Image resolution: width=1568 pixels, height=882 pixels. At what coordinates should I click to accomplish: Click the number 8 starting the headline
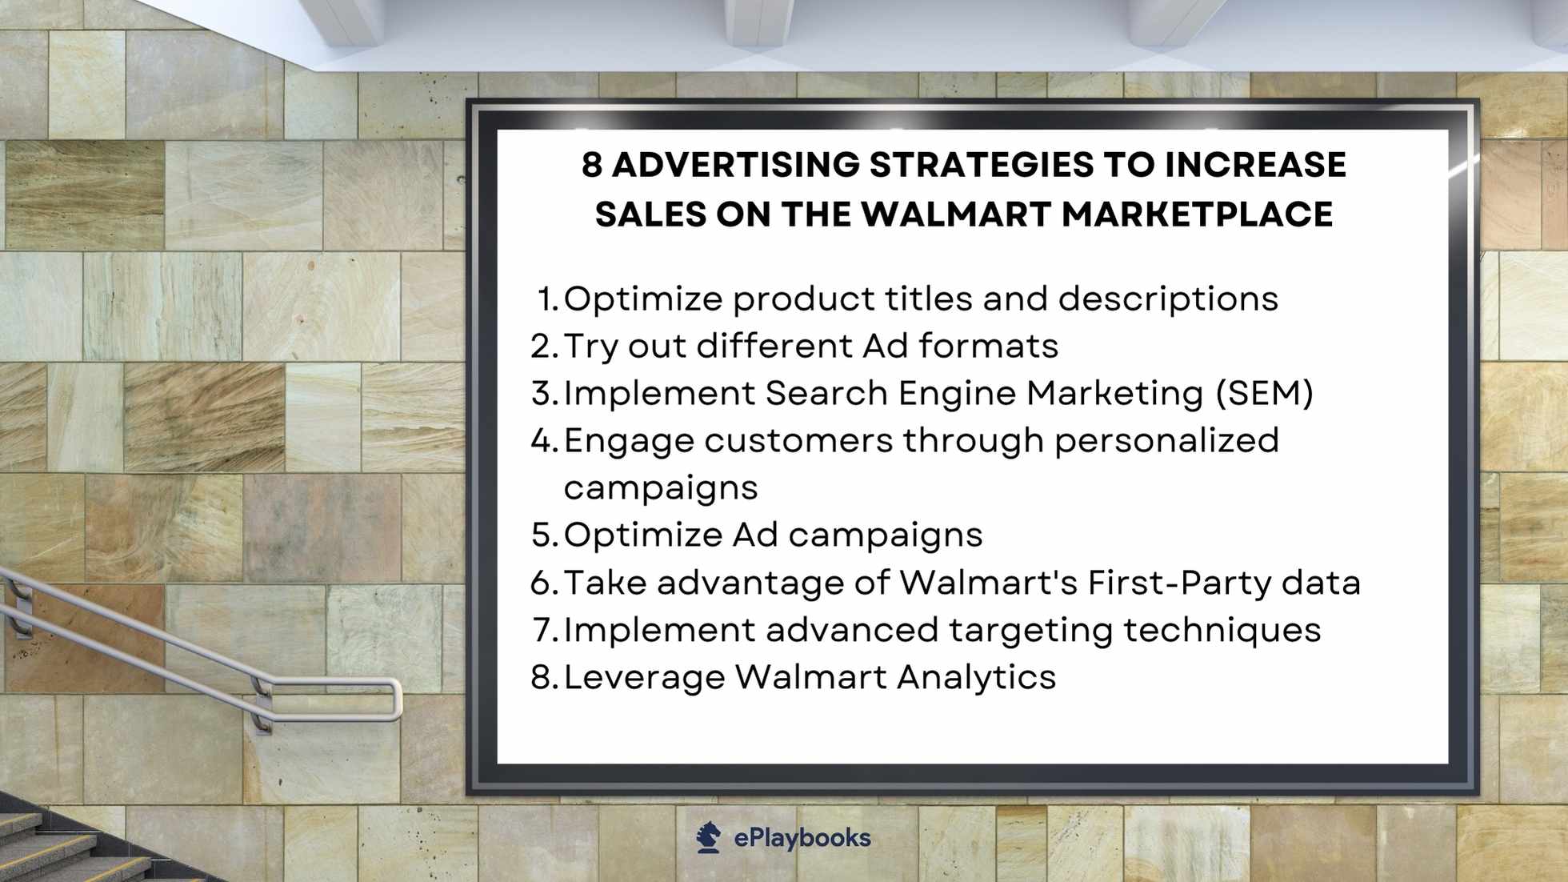(591, 165)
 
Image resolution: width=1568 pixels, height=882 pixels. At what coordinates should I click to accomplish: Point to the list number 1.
(546, 299)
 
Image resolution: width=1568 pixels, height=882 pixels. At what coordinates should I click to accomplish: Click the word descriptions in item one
(1168, 299)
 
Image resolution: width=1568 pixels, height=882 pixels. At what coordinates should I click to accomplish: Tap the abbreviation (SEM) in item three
(1264, 394)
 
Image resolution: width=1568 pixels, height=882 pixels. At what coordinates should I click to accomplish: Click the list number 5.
(543, 535)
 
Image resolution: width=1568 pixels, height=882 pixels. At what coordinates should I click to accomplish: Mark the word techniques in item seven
(1222, 630)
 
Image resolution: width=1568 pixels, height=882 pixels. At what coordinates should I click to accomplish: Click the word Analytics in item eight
(976, 677)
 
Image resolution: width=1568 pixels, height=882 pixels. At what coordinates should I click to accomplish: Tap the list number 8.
(543, 677)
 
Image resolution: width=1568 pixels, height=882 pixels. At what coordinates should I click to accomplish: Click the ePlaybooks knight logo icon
(708, 837)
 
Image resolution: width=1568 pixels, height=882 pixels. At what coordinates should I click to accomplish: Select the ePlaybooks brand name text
(802, 838)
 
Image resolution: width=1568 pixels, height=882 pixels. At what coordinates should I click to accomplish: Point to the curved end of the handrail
(395, 700)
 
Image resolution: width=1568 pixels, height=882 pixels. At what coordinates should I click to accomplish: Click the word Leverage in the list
(644, 677)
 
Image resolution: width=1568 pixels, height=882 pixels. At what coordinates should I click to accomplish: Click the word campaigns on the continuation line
(661, 488)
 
